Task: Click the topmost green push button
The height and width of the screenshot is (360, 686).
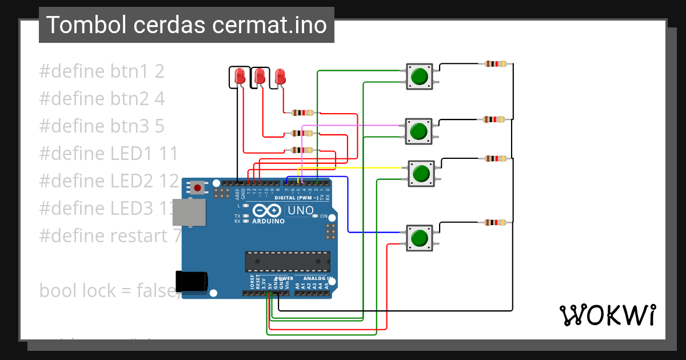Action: (x=420, y=77)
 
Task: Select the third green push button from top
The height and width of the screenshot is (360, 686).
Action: (x=421, y=173)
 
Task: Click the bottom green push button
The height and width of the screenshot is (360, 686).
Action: (x=420, y=238)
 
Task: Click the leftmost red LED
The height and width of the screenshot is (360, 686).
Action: (x=240, y=75)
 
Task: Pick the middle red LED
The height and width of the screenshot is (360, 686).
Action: (x=260, y=75)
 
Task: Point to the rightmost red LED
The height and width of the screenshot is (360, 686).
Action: (x=280, y=76)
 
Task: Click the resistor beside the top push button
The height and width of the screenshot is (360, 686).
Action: (x=495, y=64)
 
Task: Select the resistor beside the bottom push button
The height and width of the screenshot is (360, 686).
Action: (x=494, y=222)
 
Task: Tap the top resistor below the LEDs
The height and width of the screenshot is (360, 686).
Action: (x=302, y=113)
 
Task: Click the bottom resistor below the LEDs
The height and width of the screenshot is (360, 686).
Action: (x=302, y=150)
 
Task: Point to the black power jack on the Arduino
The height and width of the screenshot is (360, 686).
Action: (x=192, y=282)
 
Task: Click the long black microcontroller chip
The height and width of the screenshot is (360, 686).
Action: (x=288, y=261)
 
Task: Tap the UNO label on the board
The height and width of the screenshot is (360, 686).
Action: (x=300, y=210)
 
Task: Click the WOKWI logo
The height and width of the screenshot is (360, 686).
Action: (x=608, y=315)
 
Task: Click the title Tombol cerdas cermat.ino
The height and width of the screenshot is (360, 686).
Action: (x=186, y=25)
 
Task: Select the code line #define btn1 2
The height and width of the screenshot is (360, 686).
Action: (x=102, y=71)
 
